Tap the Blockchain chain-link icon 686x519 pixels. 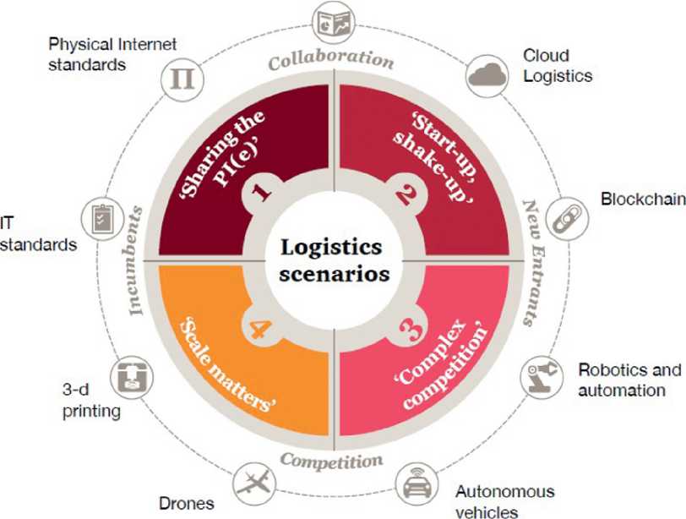pos(562,217)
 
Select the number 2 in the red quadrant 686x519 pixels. pos(405,195)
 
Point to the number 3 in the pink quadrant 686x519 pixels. pos(406,325)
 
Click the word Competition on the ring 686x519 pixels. pos(331,461)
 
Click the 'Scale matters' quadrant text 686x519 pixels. pos(227,363)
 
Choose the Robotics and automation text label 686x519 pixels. pos(629,380)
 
